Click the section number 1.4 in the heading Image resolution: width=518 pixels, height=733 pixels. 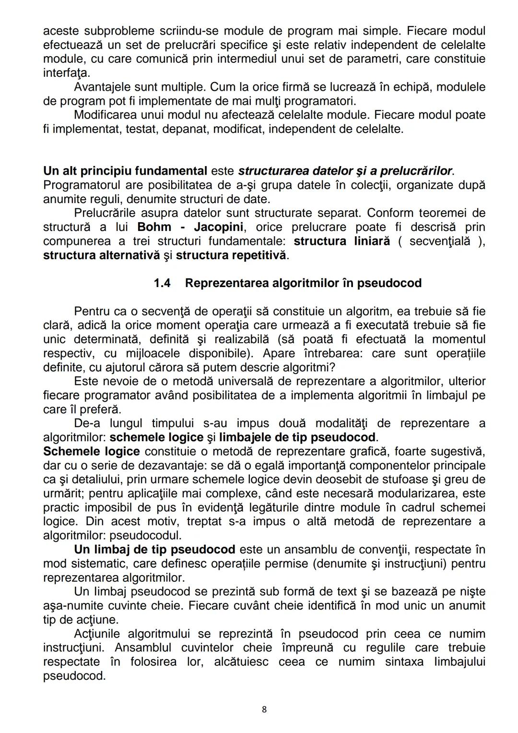[162, 283]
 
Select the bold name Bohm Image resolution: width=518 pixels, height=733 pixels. [154, 227]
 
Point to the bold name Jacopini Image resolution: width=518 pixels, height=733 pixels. [218, 227]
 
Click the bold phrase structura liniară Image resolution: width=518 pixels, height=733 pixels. [341, 241]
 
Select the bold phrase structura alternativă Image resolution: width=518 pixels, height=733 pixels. [101, 255]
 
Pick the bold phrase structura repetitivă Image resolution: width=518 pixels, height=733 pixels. [232, 255]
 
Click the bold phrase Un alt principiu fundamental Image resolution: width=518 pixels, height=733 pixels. [125, 171]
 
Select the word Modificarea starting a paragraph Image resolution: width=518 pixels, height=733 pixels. [105, 115]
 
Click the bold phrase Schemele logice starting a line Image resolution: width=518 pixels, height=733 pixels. [91, 452]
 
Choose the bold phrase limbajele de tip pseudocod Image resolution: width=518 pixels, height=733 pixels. [297, 438]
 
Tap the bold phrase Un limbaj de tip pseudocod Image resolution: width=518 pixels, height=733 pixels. [154, 550]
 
